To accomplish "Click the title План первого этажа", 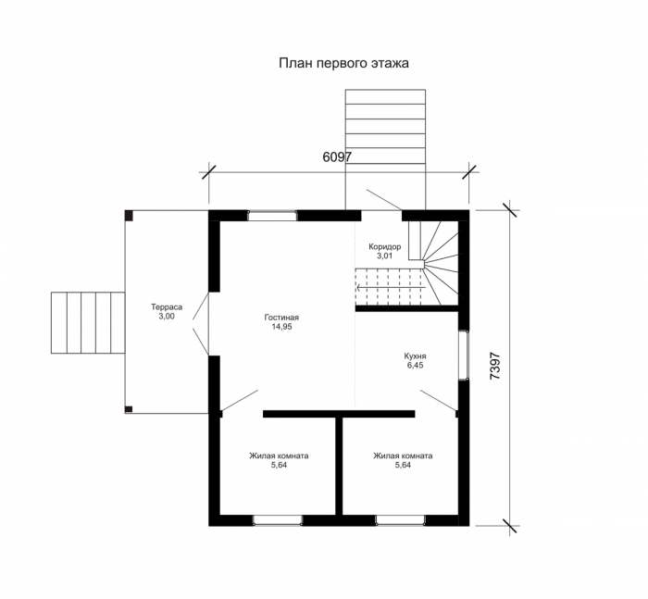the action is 343,63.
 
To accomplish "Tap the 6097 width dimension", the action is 337,157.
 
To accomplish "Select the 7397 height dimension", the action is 494,366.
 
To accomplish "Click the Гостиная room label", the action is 281,318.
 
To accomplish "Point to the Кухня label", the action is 415,356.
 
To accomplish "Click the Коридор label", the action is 385,247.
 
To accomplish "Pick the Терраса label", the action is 167,307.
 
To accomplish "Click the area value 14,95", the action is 281,327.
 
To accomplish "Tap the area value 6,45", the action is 415,366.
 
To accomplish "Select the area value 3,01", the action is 385,256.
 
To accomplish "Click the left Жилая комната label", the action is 279,456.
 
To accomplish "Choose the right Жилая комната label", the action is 403,456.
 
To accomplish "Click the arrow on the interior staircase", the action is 391,287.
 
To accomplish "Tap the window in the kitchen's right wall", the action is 464,355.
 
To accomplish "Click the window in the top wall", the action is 272,216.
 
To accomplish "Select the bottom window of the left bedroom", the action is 278,520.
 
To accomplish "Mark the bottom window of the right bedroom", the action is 400,520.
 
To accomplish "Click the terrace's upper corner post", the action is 129,215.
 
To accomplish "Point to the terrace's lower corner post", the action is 129,409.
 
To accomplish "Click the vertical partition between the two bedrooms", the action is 339,466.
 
